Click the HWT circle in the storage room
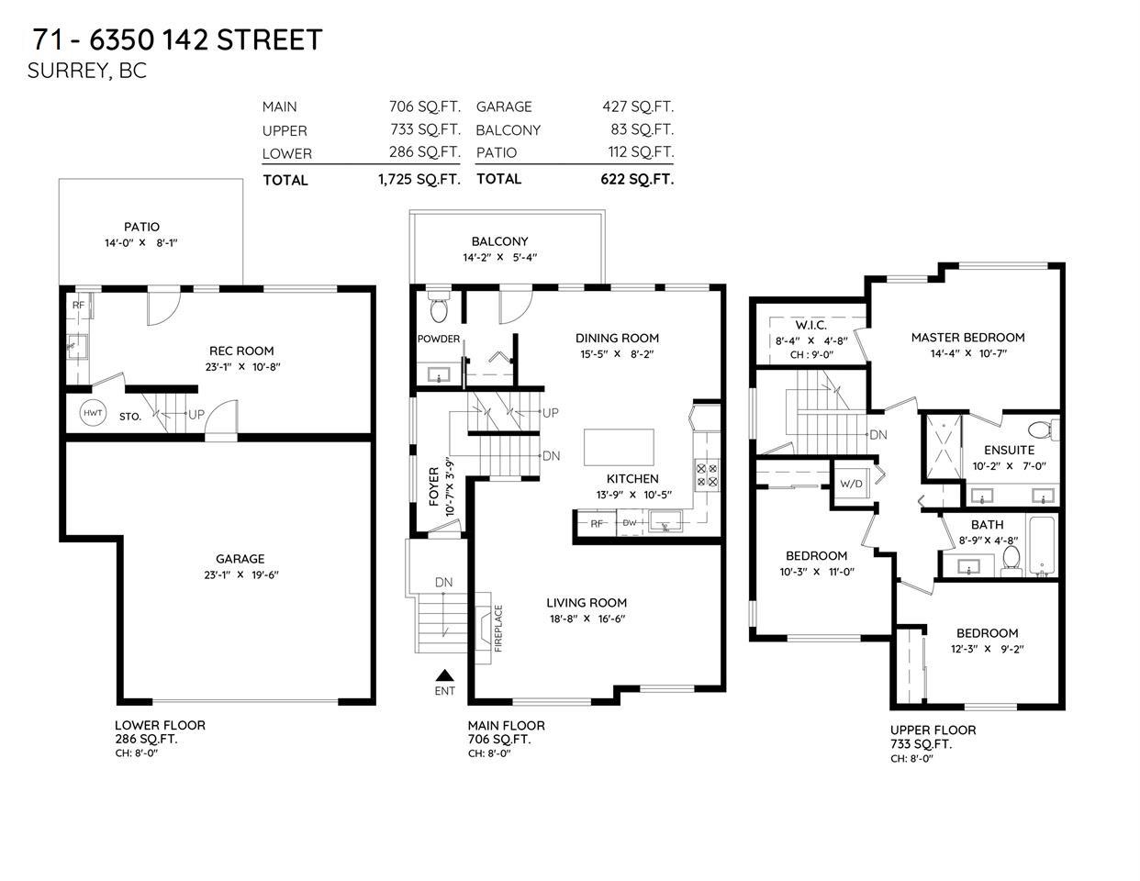[93, 413]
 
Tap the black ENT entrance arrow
[444, 675]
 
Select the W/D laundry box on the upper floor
[851, 484]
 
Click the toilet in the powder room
[438, 307]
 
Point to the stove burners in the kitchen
[707, 474]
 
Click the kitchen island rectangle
[619, 447]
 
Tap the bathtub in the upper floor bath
[1042, 546]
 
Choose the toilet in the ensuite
[1043, 430]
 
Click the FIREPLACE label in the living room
[498, 629]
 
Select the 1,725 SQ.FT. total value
[419, 179]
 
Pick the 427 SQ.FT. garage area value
[638, 106]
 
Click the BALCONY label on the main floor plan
[499, 241]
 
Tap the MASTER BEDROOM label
[968, 337]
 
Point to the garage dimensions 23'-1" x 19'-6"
[241, 574]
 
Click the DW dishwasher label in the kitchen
[629, 523]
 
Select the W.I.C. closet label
[811, 325]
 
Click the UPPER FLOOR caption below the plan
[933, 730]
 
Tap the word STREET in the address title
[270, 40]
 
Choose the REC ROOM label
[241, 351]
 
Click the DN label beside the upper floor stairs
[878, 435]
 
